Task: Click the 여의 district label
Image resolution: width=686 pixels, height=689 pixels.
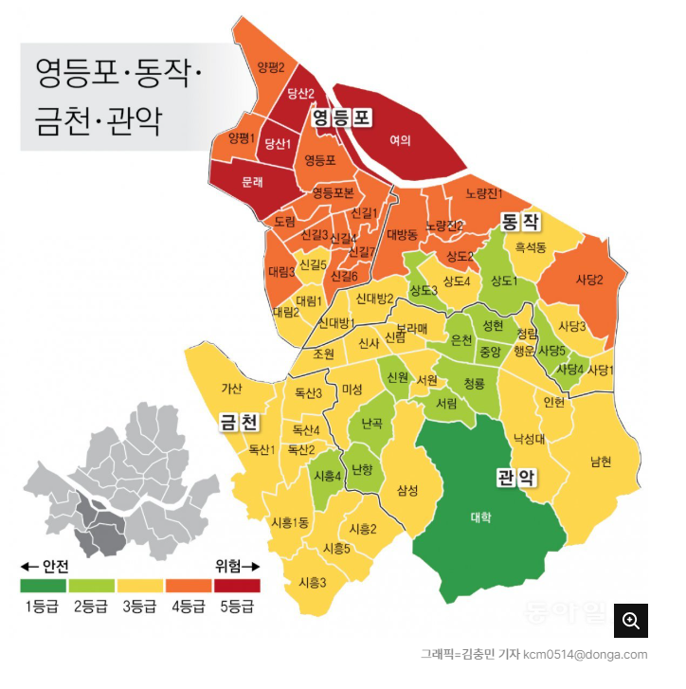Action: tap(400, 139)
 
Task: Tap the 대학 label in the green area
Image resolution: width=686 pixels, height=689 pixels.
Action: tap(480, 517)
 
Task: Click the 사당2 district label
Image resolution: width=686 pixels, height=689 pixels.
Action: tap(588, 280)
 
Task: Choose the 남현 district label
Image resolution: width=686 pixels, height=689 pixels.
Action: tap(601, 462)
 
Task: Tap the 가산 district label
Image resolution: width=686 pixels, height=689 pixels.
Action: tap(232, 388)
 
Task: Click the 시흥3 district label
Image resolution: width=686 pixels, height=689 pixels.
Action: tap(312, 583)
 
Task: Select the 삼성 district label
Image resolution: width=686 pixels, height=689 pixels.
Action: tap(407, 489)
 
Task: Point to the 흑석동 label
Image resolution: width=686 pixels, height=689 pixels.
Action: tap(531, 248)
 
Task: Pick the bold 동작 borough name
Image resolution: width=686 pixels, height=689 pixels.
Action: tap(519, 223)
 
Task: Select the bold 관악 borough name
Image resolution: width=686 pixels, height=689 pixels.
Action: tap(516, 477)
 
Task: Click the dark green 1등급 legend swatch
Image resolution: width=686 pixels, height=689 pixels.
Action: tap(43, 586)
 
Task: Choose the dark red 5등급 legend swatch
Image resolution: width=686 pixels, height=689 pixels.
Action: tap(236, 586)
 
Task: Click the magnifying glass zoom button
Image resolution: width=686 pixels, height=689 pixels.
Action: tap(631, 621)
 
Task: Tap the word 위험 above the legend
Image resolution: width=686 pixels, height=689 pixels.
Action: tap(230, 566)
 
